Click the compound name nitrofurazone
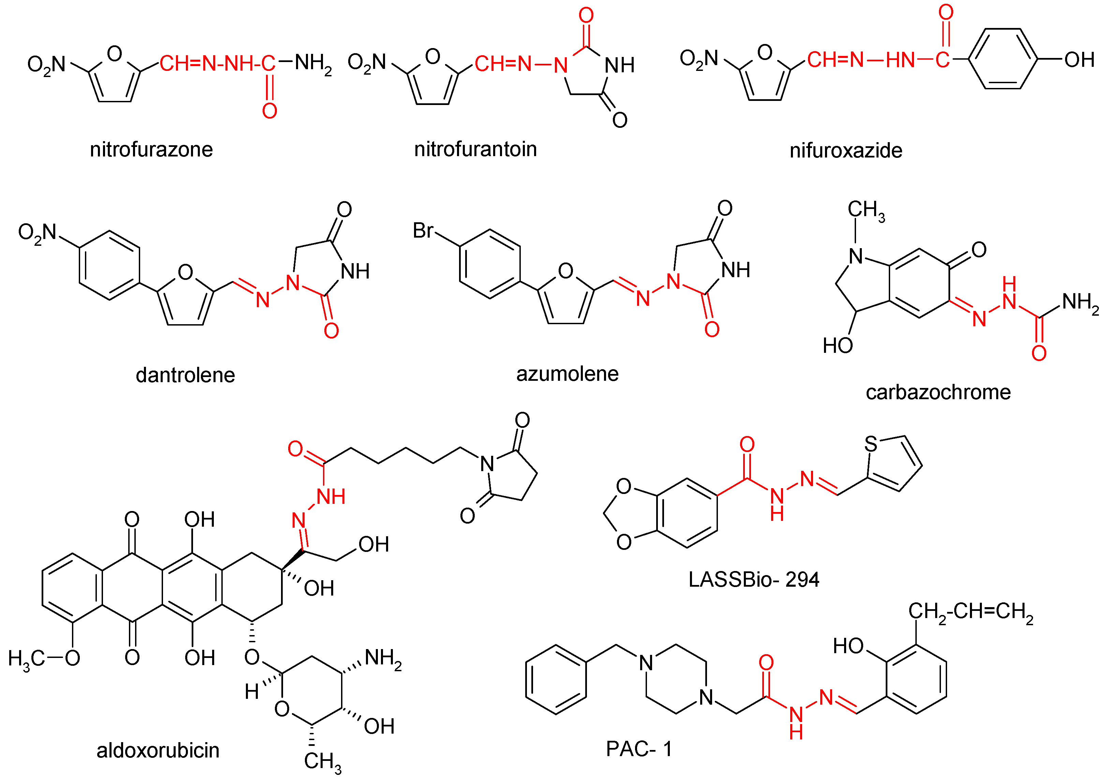[151, 150]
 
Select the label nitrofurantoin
[475, 149]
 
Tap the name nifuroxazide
[845, 151]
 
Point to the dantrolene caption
[185, 375]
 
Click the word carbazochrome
[938, 392]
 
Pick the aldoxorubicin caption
[158, 750]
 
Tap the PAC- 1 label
[639, 749]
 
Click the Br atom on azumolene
[423, 230]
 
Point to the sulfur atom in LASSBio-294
[871, 444]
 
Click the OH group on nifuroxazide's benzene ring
[1079, 60]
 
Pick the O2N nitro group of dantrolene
[38, 233]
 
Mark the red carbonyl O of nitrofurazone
[269, 111]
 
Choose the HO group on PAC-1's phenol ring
[849, 646]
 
